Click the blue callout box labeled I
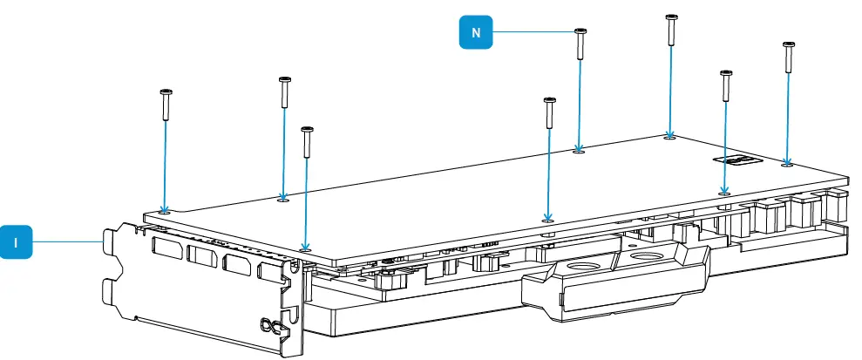pos(17,241)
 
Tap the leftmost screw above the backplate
pos(165,105)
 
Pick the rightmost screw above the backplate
pos(788,57)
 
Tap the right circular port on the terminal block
pos(646,257)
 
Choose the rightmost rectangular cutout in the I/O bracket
pos(272,272)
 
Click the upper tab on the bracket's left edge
pos(112,245)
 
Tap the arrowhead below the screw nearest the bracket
pos(305,245)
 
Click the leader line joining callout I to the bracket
pos(65,241)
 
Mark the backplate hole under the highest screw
pos(669,136)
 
